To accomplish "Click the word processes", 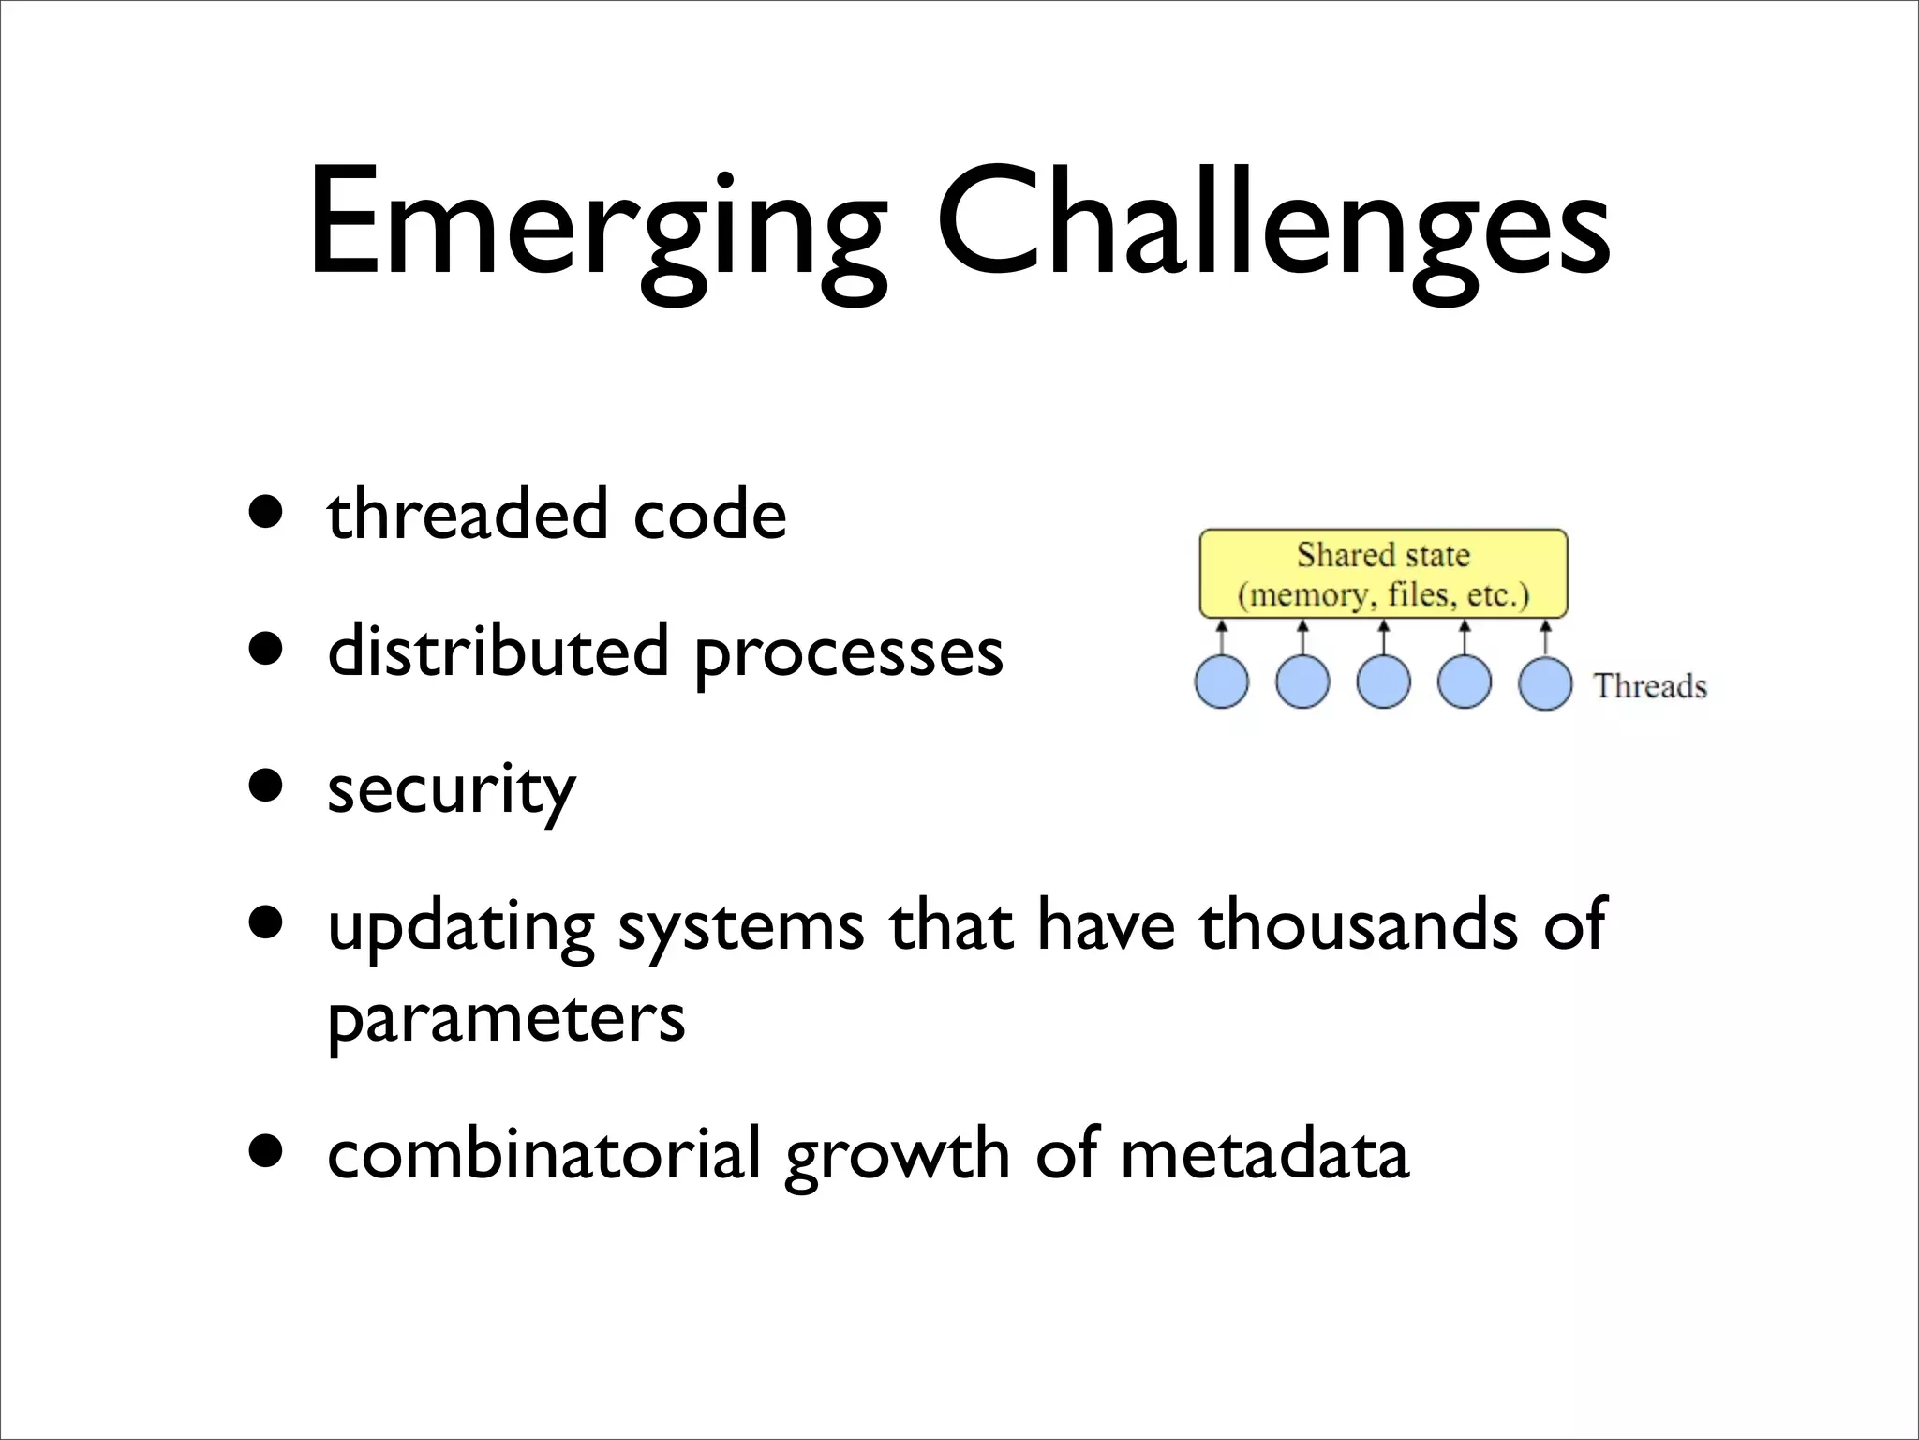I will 848,654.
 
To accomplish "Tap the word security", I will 451,790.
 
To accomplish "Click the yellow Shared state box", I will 1383,574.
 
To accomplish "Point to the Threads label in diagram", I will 1650,686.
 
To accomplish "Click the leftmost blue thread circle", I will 1222,682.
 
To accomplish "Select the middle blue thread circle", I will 1384,682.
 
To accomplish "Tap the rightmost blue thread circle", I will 1545,683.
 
